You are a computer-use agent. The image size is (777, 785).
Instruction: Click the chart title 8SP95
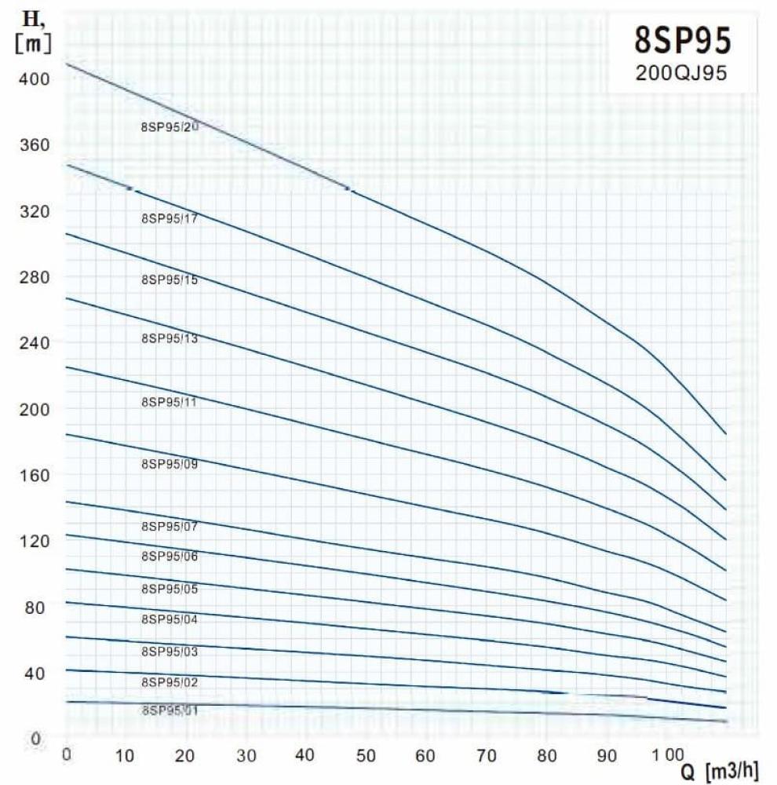(681, 40)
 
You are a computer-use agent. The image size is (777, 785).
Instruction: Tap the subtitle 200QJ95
(680, 73)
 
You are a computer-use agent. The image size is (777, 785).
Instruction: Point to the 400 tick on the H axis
(35, 79)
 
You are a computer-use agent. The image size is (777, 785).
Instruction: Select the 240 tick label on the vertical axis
(35, 343)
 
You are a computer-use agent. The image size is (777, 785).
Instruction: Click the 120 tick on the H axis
(35, 541)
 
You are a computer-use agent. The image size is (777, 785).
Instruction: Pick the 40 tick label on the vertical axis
(37, 673)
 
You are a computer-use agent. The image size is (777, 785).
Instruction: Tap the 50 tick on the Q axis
(367, 757)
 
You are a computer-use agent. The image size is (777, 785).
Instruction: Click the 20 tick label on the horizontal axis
(186, 757)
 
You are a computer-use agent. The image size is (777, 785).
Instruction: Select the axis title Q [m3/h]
(719, 772)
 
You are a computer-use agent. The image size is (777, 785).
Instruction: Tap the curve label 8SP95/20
(170, 126)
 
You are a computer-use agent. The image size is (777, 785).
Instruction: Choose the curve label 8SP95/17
(170, 219)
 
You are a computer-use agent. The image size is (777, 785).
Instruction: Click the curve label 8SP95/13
(170, 339)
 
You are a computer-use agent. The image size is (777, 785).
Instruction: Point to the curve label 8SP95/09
(170, 464)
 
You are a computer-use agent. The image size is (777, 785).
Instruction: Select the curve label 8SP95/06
(170, 557)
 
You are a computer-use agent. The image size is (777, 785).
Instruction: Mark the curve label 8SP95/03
(170, 652)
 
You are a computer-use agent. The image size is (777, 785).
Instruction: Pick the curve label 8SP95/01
(170, 710)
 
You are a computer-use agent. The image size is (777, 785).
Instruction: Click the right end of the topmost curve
(726, 434)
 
